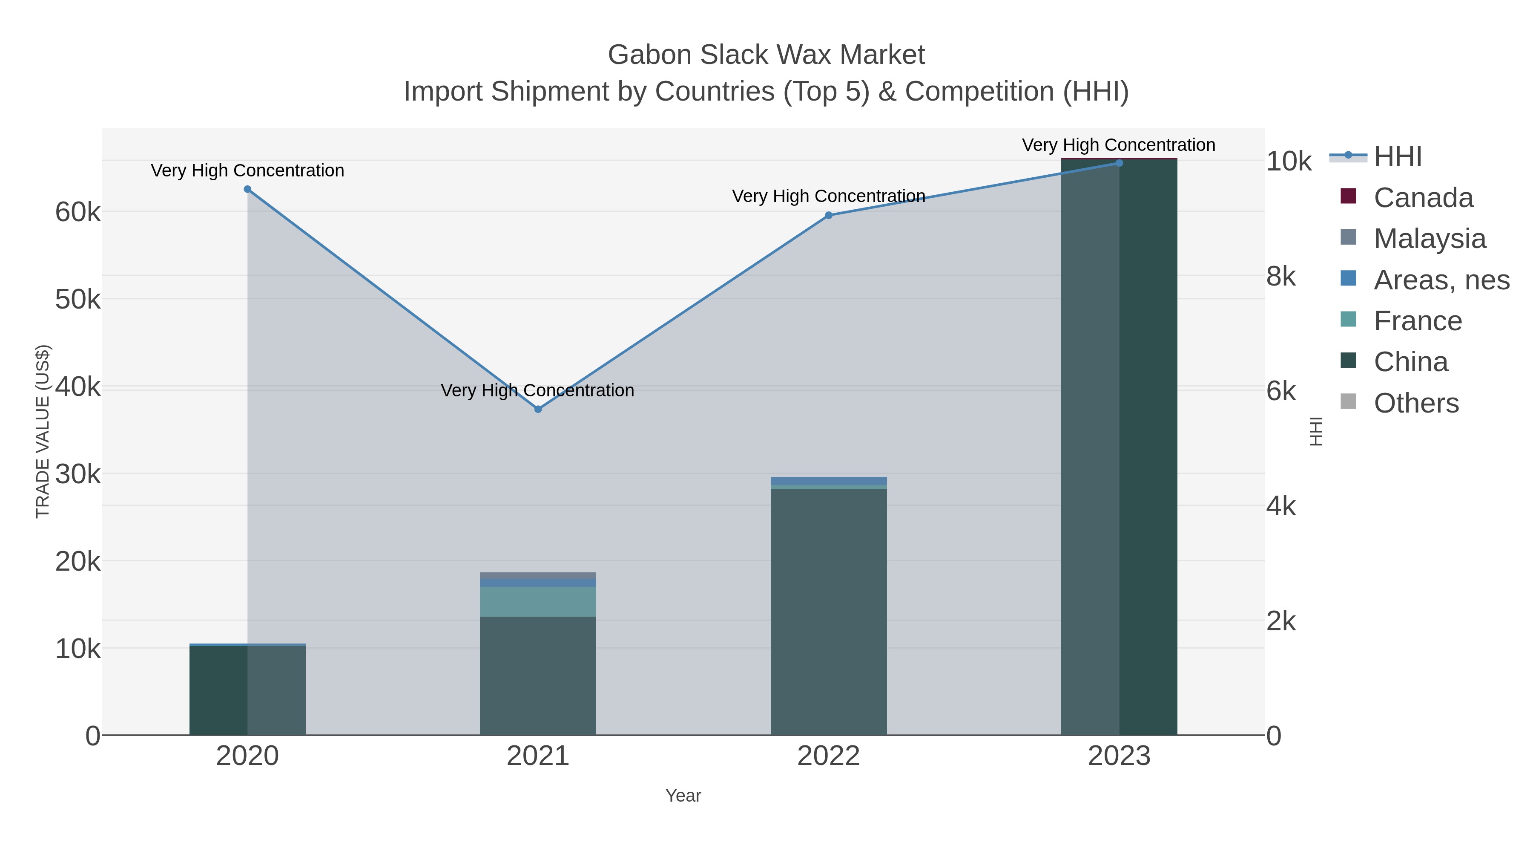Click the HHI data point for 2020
pos(247,189)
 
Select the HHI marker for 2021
pos(538,409)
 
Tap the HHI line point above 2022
pos(828,215)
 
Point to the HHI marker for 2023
pos(1119,163)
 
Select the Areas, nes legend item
pos(1441,280)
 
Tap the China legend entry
pos(1410,362)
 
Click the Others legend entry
pos(1416,403)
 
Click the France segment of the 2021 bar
pos(538,601)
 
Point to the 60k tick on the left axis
pos(78,212)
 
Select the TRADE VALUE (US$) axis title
pos(43,431)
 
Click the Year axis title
pos(683,796)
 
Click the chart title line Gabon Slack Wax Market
pos(766,55)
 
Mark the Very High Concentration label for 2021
pos(537,391)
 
